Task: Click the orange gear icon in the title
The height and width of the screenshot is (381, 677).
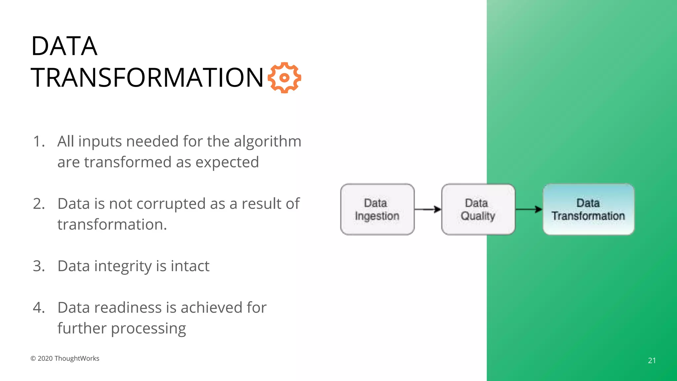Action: pos(284,78)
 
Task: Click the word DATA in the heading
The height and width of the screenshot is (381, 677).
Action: pos(64,46)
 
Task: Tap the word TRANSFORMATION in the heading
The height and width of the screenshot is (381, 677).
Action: pos(147,78)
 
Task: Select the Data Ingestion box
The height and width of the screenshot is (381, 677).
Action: pos(377,209)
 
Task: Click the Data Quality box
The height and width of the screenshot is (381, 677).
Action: pos(478,209)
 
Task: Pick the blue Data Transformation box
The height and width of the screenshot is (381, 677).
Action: pos(588,209)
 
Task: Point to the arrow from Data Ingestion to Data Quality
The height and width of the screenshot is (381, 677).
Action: pos(428,209)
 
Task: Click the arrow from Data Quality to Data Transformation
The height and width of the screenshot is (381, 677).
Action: pos(529,209)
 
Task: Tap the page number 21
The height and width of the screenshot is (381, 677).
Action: pos(652,360)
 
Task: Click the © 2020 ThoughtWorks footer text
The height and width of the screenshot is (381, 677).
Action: pos(65,359)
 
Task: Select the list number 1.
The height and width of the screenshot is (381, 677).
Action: pos(38,142)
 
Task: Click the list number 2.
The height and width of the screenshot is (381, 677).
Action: pos(39,204)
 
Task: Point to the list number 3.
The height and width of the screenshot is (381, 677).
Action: pos(39,266)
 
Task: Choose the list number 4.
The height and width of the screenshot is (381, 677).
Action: pos(39,308)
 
